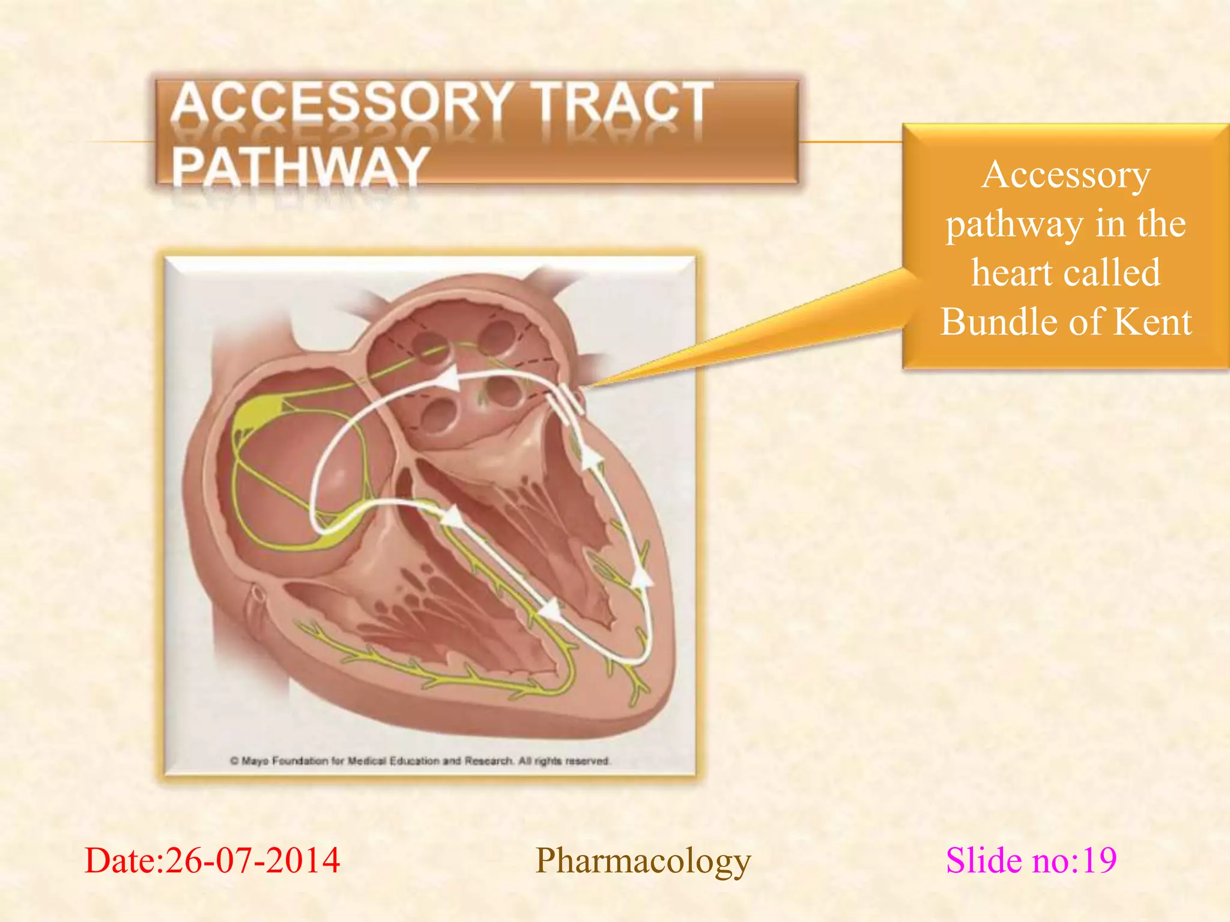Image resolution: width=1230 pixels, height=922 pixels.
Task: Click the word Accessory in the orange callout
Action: click(1066, 175)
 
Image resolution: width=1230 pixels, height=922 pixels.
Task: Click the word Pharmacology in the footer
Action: click(643, 860)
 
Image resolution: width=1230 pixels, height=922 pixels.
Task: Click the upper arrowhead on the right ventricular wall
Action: click(592, 459)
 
